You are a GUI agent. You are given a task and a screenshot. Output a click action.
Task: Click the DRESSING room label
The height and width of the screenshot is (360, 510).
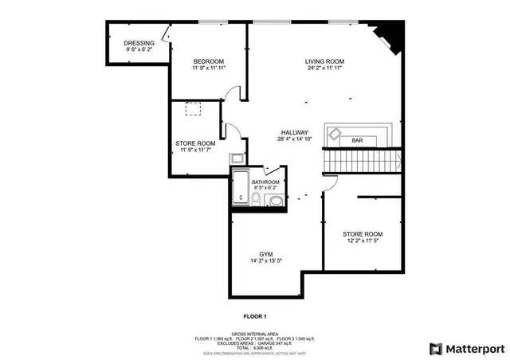click(139, 43)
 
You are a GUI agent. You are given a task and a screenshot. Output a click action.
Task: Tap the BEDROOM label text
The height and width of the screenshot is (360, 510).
click(209, 61)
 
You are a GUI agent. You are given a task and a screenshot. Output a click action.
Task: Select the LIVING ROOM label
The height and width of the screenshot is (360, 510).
click(324, 61)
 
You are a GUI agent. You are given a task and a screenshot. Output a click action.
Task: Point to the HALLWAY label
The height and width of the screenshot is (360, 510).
click(294, 132)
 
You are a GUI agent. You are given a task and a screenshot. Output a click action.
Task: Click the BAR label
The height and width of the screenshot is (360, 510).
click(358, 141)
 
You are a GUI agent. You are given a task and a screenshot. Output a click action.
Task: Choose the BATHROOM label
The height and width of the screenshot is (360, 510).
click(265, 182)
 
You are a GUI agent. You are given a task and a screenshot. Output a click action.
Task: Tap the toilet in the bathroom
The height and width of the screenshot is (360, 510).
click(275, 199)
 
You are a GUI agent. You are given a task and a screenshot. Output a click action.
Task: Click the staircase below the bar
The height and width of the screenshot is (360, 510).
click(363, 162)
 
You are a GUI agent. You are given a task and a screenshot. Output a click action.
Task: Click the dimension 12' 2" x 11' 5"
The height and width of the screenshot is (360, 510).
click(363, 241)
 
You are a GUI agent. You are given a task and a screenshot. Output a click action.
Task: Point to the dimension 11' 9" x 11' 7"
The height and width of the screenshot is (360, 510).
click(195, 150)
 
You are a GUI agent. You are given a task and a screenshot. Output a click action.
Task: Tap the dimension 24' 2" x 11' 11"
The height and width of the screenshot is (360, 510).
click(324, 68)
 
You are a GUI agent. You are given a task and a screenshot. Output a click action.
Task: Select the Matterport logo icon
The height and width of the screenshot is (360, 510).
click(435, 348)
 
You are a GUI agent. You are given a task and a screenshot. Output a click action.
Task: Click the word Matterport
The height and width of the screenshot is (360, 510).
click(474, 348)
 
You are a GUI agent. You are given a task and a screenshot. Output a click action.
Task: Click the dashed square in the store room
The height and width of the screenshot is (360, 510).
click(194, 109)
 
